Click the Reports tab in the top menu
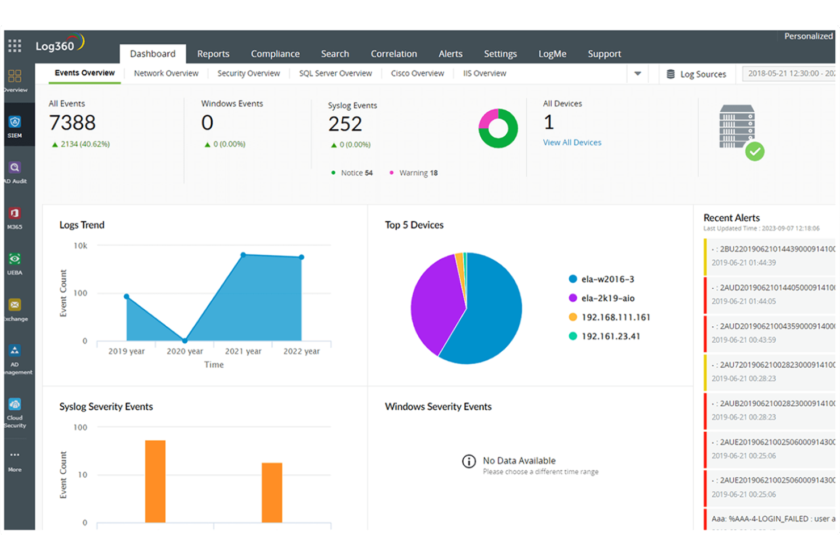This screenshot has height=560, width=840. click(213, 54)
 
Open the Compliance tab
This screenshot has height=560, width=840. click(275, 54)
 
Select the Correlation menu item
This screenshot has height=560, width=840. click(393, 54)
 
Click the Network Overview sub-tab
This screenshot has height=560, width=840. click(166, 73)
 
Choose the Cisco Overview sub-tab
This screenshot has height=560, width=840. click(417, 73)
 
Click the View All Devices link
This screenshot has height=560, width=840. click(572, 142)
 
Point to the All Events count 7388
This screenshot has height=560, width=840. click(72, 123)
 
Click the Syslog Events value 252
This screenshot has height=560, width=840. click(345, 124)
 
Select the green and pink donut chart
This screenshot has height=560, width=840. click(498, 128)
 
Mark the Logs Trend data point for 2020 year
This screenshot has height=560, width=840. click(184, 340)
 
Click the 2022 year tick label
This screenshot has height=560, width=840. click(301, 351)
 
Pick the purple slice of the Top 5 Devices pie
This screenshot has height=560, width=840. click(434, 306)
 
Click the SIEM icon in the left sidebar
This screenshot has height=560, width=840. click(15, 126)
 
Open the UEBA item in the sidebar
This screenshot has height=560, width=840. click(15, 263)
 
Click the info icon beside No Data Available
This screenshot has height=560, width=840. click(469, 461)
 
